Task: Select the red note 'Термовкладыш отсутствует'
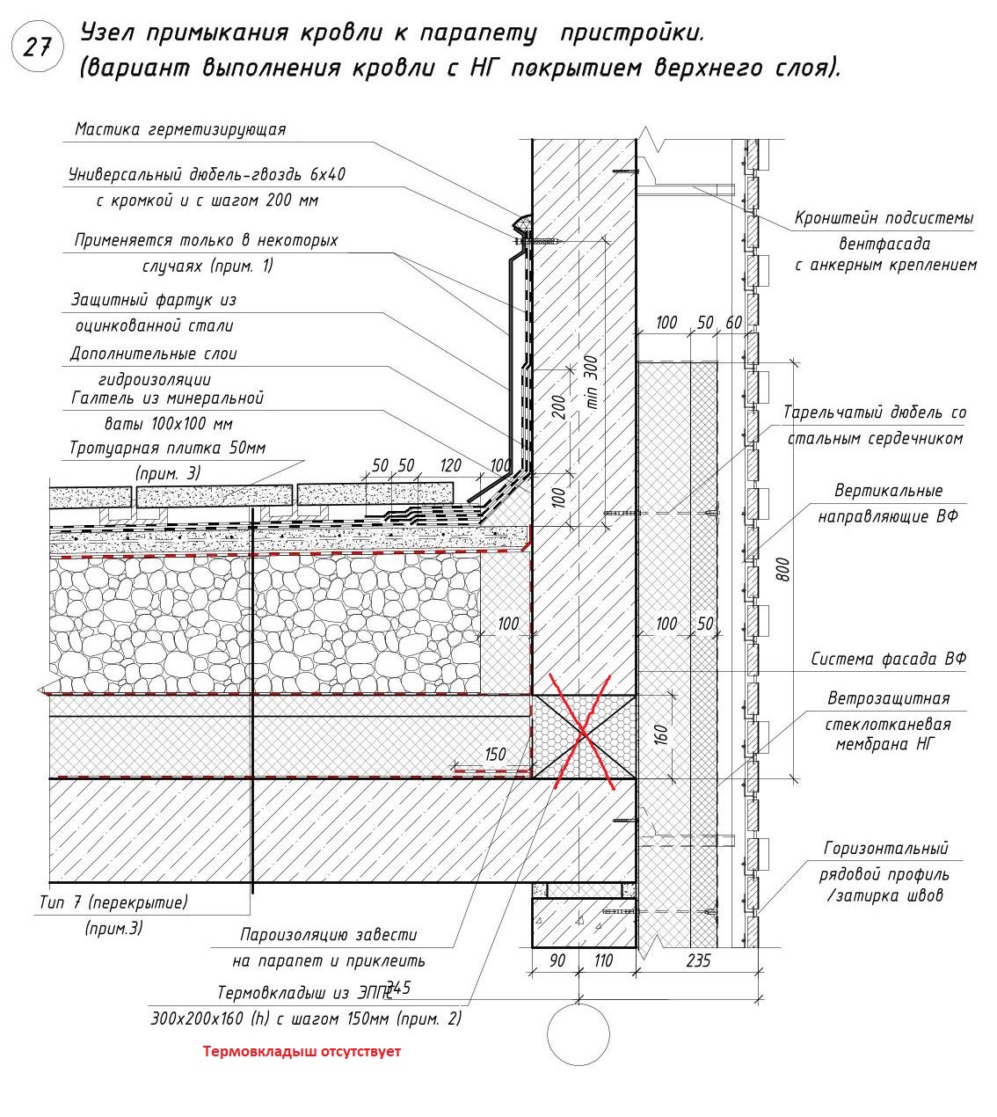[302, 1051]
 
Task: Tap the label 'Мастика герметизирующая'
[180, 129]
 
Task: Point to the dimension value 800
[785, 569]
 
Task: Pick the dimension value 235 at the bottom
[697, 961]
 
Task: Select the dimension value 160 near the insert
[662, 734]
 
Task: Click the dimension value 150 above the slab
[495, 755]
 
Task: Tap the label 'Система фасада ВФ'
[888, 659]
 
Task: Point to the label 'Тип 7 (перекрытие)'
[113, 902]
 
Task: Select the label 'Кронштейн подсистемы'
[884, 217]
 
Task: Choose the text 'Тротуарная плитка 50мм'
[167, 448]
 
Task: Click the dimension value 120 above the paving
[451, 465]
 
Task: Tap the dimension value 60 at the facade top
[733, 323]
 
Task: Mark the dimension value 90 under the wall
[557, 961]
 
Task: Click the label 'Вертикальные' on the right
[888, 490]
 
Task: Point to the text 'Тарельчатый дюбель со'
[875, 412]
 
